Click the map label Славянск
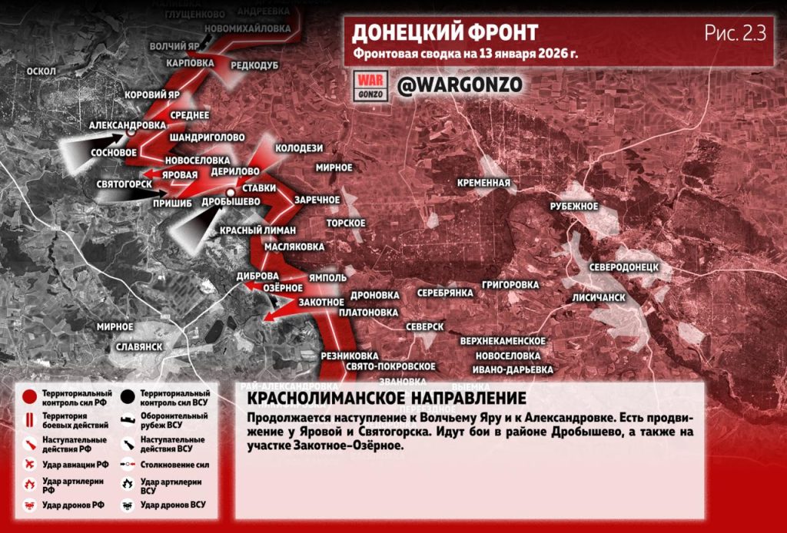click(x=138, y=346)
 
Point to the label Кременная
click(x=483, y=183)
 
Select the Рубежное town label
click(x=573, y=207)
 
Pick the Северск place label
click(x=424, y=326)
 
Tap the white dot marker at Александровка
click(x=131, y=133)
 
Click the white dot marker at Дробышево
click(x=230, y=192)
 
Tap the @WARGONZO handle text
click(x=460, y=84)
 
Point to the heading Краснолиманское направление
click(x=387, y=399)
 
